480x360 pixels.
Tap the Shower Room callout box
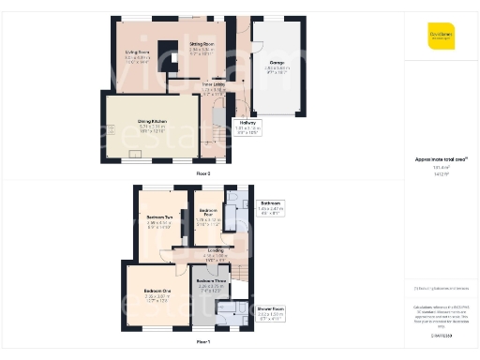click(x=270, y=309)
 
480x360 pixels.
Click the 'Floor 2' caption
click(x=202, y=174)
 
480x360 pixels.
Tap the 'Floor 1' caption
click(x=202, y=343)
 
